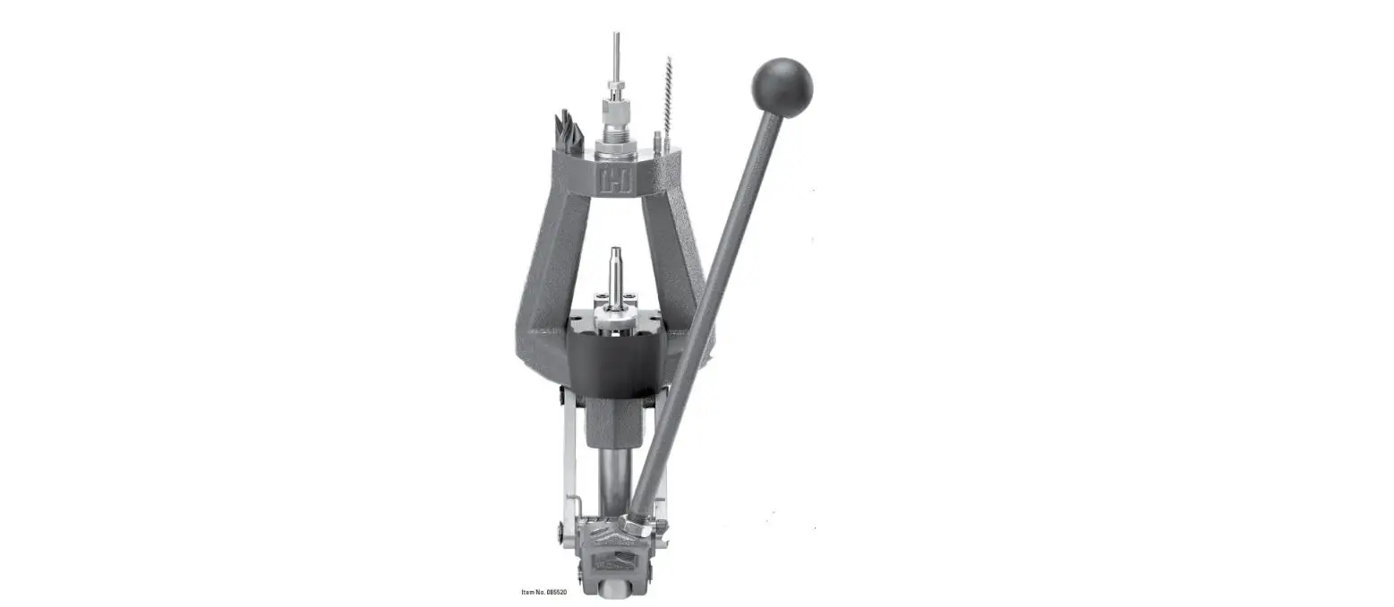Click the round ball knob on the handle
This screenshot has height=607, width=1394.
pyautogui.click(x=782, y=88)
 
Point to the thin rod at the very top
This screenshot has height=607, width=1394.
pyautogui.click(x=616, y=54)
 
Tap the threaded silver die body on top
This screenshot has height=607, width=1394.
pyautogui.click(x=615, y=131)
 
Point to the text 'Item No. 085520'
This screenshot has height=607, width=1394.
pyautogui.click(x=544, y=592)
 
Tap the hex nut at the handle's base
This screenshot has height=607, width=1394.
pyautogui.click(x=638, y=526)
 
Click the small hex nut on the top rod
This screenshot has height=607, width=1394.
pyautogui.click(x=615, y=90)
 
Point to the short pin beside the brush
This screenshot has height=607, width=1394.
pyautogui.click(x=657, y=141)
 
